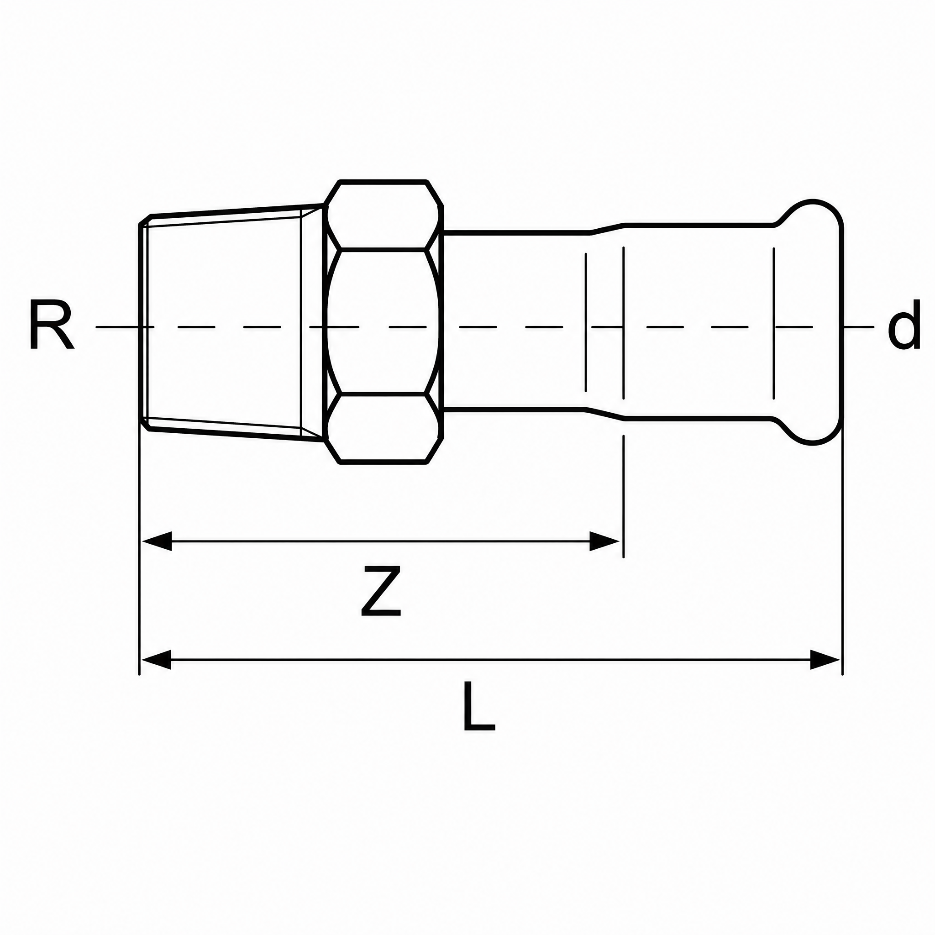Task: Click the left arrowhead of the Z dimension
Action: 156,541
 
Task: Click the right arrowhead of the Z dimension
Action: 604,541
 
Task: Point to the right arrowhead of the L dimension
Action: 825,660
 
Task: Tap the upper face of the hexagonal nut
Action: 383,216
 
